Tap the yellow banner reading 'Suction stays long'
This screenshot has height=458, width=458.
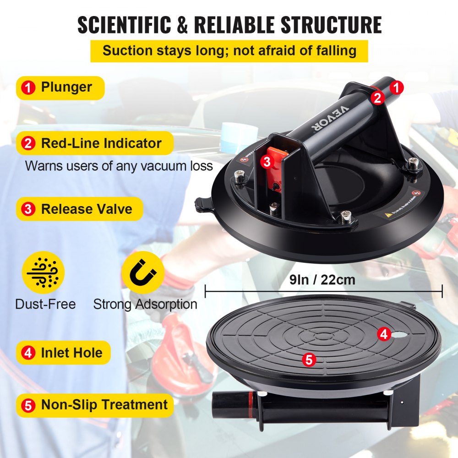(x=229, y=50)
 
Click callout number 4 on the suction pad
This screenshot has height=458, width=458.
(x=384, y=334)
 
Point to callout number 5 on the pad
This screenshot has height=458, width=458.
(x=309, y=360)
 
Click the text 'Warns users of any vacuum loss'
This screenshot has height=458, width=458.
(x=119, y=165)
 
